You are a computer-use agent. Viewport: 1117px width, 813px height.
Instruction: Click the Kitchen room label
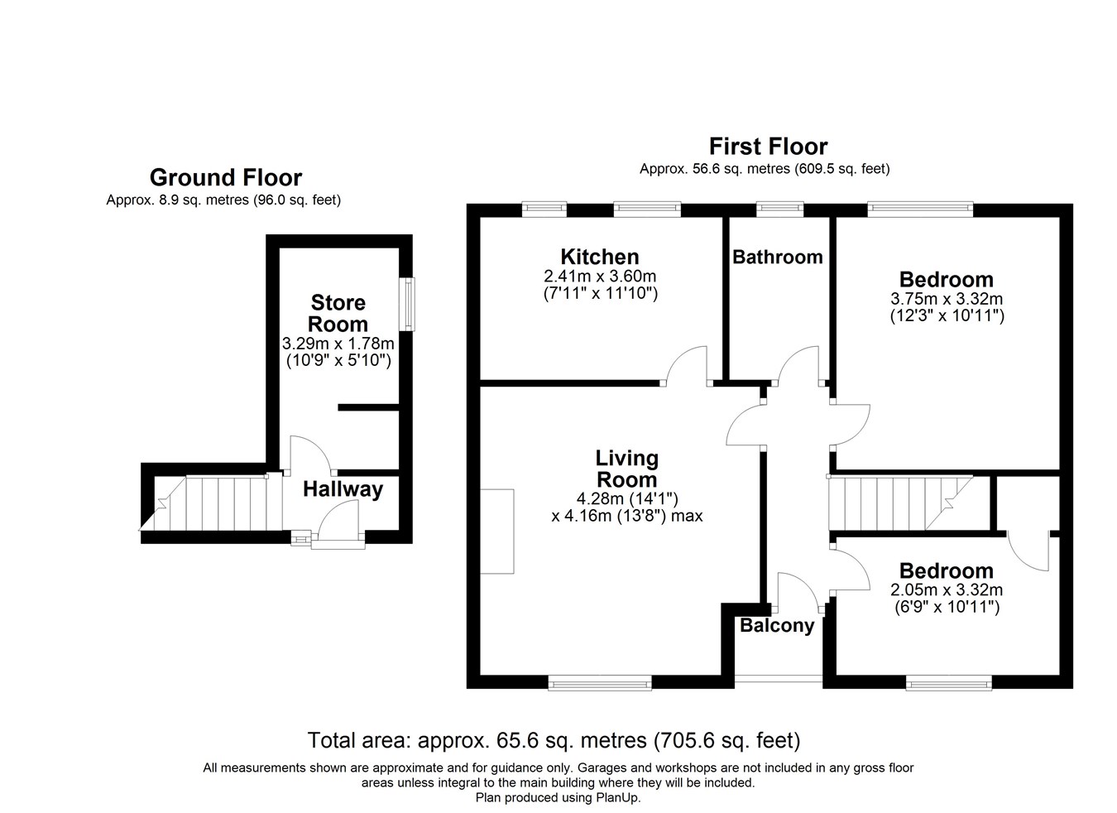coord(599,257)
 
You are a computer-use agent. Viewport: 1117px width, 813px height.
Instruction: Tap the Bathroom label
coord(778,257)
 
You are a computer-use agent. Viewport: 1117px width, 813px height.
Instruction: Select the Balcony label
coord(777,625)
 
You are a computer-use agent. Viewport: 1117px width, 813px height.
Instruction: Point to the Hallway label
coord(343,489)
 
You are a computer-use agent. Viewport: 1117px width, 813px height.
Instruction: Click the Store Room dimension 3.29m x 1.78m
coord(338,344)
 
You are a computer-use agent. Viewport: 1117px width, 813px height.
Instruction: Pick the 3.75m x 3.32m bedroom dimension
coord(947,299)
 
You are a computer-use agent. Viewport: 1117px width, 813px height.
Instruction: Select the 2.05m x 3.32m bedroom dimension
coord(947,590)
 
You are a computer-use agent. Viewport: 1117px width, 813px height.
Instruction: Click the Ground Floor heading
coord(226,178)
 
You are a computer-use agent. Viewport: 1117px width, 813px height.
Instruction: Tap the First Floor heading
coord(768,147)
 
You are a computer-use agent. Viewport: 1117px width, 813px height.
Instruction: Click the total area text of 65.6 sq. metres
coord(554,740)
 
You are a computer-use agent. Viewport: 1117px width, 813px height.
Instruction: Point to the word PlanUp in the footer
coord(617,797)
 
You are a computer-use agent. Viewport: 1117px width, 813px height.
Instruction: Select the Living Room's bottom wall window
coord(600,683)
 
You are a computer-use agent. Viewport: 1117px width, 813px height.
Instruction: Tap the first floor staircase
coord(900,503)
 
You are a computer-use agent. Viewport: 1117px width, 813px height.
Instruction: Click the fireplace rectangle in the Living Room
coord(496,531)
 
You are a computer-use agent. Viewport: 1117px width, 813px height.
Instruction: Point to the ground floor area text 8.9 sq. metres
coord(223,200)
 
